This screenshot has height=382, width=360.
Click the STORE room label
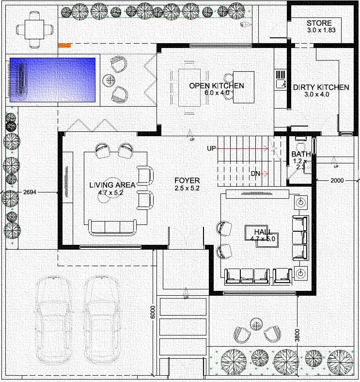[319, 23]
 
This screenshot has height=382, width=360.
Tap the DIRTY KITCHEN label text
[321, 87]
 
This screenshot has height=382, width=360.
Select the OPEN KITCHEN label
[217, 86]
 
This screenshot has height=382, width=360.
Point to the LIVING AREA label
[112, 185]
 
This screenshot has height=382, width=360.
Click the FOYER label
[187, 180]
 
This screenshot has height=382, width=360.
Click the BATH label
[301, 154]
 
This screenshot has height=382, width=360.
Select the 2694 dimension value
[30, 192]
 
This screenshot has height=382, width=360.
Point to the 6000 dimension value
[153, 312]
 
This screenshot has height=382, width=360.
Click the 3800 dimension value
[297, 335]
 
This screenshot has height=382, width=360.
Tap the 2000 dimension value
[337, 180]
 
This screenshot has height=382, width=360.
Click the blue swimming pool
[52, 80]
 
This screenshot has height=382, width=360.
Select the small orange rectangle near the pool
[64, 45]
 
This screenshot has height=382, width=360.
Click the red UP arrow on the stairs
[242, 148]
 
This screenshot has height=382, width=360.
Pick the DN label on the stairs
[255, 174]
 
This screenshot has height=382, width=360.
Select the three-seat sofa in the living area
[112, 228]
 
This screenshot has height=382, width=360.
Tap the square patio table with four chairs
[34, 30]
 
